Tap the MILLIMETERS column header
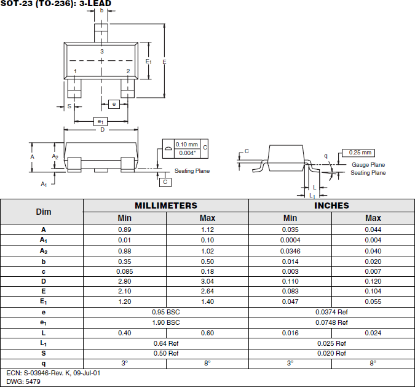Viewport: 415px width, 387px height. [166, 205]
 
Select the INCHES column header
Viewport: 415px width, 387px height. [331, 205]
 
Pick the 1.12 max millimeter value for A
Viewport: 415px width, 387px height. [207, 229]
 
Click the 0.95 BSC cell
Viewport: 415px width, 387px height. [166, 312]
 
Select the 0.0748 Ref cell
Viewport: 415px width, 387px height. [331, 322]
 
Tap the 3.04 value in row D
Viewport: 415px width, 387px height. [207, 281]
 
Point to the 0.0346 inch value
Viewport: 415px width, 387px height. [290, 250]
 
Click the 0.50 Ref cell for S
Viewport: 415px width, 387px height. [166, 353]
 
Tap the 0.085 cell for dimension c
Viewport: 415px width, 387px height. [125, 271]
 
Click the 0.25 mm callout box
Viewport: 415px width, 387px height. [361, 153]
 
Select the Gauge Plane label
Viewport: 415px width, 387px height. [368, 165]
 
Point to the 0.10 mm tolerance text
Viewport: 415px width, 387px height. [187, 144]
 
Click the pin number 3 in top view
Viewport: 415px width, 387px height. [102, 51]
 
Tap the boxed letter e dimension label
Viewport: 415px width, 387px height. [114, 104]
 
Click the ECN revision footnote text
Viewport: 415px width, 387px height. [53, 373]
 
